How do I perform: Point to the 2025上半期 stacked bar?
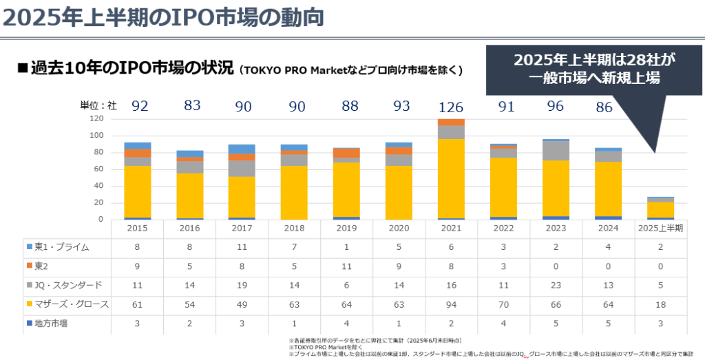pos(661,208)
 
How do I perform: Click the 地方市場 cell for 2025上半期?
pos(661,323)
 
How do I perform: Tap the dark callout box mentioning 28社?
pos(595,70)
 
